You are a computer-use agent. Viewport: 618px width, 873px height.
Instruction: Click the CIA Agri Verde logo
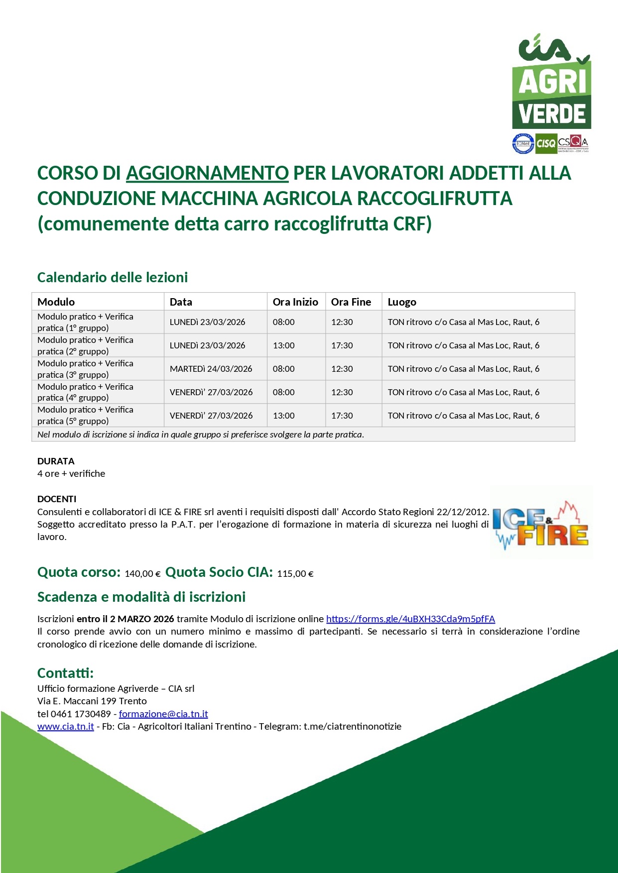(552, 82)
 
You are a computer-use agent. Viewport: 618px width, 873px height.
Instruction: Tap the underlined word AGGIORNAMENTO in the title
(207, 173)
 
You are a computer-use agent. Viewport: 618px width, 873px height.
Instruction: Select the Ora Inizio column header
(295, 302)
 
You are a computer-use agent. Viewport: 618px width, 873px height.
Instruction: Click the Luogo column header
(402, 302)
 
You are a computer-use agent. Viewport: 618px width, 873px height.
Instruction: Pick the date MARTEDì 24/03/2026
(211, 369)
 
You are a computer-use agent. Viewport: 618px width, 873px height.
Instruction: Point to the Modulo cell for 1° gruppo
(85, 322)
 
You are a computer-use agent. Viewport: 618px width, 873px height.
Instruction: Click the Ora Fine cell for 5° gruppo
(342, 416)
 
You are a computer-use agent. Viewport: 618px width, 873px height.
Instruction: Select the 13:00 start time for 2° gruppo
(284, 345)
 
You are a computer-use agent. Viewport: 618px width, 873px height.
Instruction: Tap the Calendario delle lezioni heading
(113, 277)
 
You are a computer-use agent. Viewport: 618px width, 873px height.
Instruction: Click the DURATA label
(56, 461)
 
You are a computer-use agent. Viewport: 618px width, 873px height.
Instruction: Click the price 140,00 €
(142, 573)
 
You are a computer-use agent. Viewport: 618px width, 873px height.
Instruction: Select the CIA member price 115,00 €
(295, 573)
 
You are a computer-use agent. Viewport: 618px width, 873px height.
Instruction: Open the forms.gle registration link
(410, 619)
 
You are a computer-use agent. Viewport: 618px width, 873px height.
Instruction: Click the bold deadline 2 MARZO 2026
(142, 619)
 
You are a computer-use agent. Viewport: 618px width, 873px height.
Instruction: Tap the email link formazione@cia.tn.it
(163, 714)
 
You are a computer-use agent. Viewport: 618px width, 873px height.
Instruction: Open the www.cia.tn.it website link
(66, 726)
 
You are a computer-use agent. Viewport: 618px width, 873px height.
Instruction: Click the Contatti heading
(65, 673)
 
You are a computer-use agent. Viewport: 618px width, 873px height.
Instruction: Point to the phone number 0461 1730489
(81, 714)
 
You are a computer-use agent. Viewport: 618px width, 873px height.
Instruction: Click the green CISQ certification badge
(545, 143)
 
